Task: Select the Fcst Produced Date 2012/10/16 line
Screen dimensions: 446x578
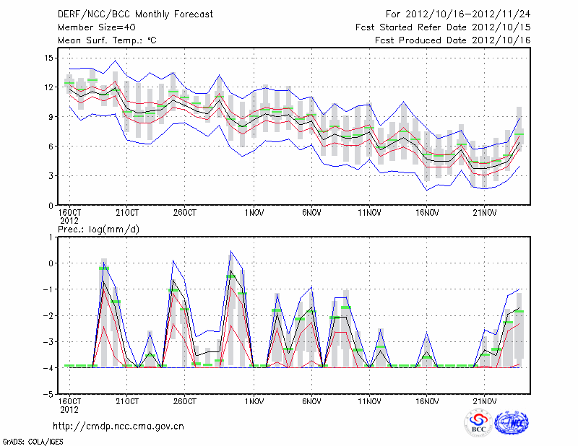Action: point(453,40)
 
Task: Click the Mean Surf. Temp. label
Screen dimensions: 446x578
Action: point(106,40)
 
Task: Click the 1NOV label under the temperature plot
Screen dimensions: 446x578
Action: point(252,214)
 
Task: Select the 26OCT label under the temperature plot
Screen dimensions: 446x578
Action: point(186,214)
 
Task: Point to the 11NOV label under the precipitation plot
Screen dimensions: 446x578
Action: point(369,401)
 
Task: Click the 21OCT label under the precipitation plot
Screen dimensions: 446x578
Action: point(127,401)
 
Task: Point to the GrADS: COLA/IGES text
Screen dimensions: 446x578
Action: point(25,440)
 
